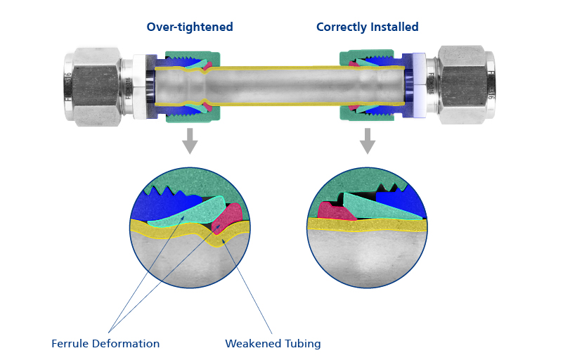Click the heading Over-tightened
[189, 27]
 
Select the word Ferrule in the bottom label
[72, 344]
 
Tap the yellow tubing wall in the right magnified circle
[365, 224]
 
